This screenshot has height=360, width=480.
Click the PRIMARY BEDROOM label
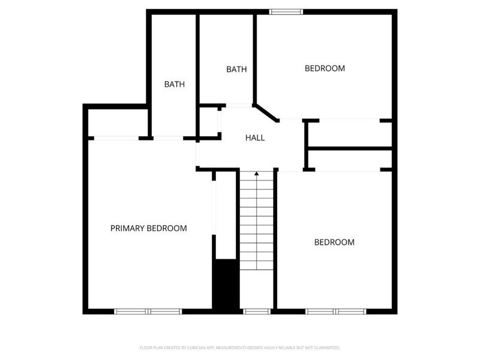tap(148, 229)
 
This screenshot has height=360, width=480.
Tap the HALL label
tap(255, 138)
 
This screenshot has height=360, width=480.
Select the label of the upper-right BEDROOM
tap(325, 68)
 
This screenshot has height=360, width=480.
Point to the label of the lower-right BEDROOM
tap(334, 242)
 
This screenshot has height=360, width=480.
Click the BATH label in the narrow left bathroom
tap(174, 85)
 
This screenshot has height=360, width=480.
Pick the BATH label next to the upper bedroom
tap(236, 70)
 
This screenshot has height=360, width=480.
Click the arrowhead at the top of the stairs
tap(257, 174)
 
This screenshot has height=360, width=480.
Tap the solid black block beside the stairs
tap(226, 285)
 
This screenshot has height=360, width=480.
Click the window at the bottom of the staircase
tap(257, 311)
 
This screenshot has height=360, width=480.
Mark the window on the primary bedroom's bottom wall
tap(148, 311)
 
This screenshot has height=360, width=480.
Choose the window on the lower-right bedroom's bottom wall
tap(336, 311)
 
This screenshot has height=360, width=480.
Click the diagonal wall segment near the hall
tap(266, 113)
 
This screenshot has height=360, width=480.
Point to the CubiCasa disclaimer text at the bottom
tap(240, 347)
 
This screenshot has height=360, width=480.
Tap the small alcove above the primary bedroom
tap(118, 123)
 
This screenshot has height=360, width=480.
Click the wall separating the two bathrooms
tap(197, 60)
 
